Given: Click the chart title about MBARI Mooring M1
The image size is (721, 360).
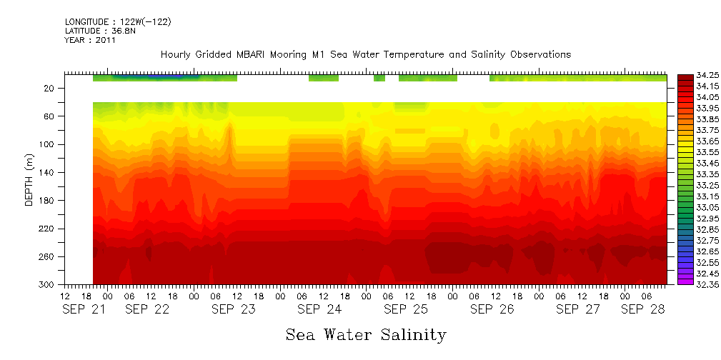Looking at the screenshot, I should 365,55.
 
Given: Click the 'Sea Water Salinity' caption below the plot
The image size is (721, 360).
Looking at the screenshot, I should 366,334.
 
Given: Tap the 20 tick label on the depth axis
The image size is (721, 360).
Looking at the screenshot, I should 50,89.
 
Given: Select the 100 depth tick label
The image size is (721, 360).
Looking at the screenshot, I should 48,145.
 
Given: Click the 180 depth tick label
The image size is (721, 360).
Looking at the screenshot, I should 48,201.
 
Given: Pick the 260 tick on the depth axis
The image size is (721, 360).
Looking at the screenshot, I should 48,257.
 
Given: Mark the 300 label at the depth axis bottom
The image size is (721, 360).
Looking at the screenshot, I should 48,285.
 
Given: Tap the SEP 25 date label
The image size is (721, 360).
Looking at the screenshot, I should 406,309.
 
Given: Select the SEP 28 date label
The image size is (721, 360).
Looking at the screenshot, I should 642,309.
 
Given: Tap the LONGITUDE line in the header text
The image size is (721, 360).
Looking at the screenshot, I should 118,22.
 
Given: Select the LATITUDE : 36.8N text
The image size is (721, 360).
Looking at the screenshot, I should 100,31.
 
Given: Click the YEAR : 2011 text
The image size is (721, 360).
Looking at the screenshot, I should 90,40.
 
